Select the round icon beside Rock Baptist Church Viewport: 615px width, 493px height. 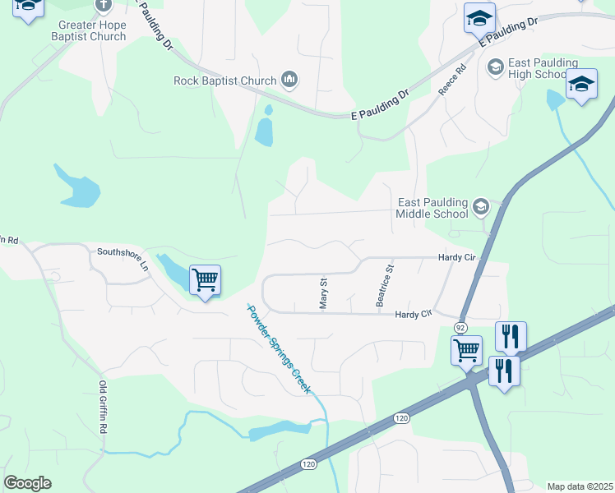coord(289,80)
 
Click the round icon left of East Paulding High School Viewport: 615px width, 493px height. coord(495,66)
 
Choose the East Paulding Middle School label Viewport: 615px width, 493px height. coord(432,208)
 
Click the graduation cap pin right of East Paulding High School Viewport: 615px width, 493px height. coord(581,85)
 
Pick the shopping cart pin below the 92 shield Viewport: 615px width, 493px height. coord(467,350)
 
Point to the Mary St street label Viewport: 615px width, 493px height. coord(323,293)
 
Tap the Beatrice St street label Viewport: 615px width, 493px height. coord(385,286)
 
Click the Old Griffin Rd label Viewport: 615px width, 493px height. coord(104,408)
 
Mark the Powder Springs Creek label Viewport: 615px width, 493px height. coord(279,348)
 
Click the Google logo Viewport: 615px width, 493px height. coord(27,483)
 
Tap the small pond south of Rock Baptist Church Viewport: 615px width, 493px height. coord(264,131)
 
